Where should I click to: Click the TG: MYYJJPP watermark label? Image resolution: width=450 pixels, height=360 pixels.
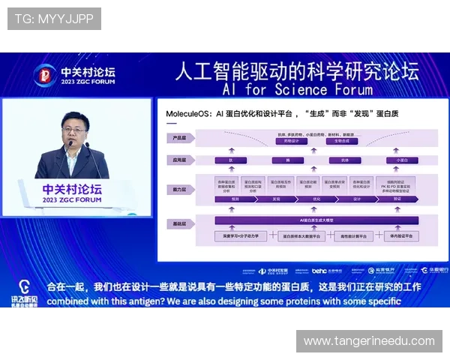click(x=53, y=19)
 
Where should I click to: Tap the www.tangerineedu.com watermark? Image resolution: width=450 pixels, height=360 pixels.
click(x=369, y=341)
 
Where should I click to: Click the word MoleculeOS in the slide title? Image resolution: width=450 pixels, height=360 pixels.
click(x=189, y=114)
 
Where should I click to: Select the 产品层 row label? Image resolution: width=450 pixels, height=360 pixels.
click(x=179, y=138)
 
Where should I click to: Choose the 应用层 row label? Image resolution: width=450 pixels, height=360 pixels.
click(x=179, y=160)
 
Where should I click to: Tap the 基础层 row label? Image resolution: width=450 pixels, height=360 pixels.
click(x=179, y=224)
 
